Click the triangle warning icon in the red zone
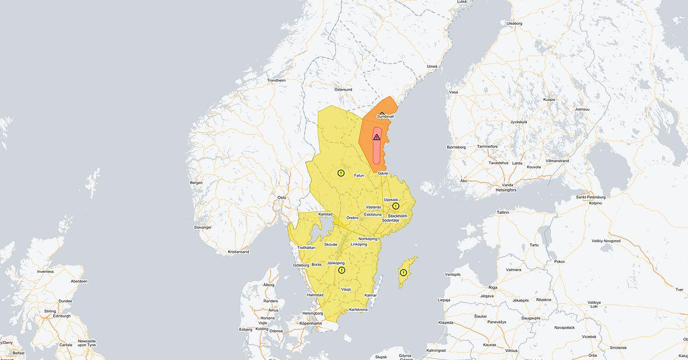(377, 137)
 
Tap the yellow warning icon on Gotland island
(403, 272)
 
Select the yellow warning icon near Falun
(341, 173)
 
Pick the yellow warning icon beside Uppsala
(396, 206)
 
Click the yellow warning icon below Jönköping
(342, 270)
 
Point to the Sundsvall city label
(385, 116)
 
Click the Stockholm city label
(397, 216)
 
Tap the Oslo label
(282, 197)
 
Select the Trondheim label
(276, 80)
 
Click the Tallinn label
(503, 212)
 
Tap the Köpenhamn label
(311, 323)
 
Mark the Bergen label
(196, 182)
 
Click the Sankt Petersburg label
(591, 197)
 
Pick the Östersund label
(343, 89)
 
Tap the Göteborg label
(301, 265)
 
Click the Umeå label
(432, 66)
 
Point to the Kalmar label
(371, 295)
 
